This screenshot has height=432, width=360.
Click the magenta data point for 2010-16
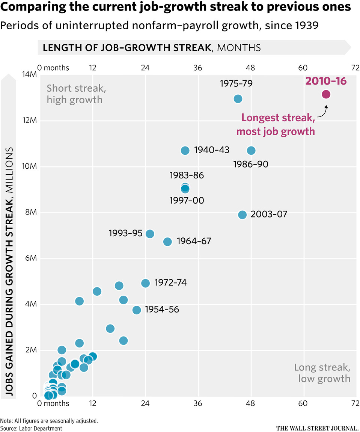326,94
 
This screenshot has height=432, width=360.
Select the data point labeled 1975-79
238,98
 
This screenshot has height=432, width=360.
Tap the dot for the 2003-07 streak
242,214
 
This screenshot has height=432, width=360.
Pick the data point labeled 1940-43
185,150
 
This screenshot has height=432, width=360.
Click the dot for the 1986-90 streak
251,150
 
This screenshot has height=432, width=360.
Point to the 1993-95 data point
150,234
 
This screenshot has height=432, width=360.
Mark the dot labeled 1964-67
167,242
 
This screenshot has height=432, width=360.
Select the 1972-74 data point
145,283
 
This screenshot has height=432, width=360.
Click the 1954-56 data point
137,310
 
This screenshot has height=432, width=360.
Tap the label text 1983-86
187,175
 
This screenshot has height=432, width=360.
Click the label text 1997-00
187,201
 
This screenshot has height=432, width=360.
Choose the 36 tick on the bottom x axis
198,403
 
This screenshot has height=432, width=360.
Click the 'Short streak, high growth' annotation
74,94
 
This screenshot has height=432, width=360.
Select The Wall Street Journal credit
317,428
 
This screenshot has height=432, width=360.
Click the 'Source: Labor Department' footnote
32,428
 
